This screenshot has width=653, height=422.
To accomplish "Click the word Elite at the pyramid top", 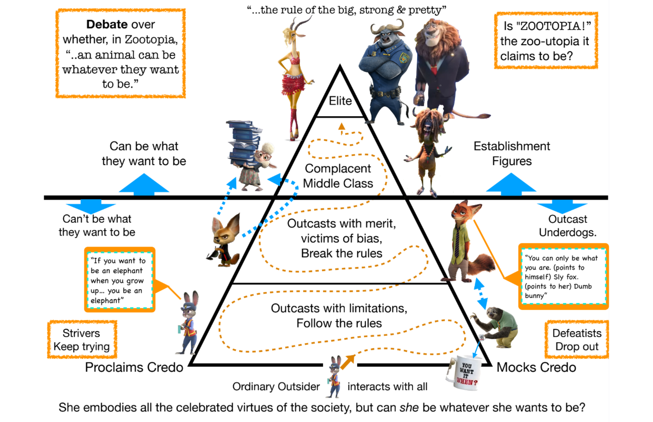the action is (x=340, y=101).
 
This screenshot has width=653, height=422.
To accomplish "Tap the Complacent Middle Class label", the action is (x=338, y=176).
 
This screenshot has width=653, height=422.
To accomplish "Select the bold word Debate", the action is (x=107, y=24).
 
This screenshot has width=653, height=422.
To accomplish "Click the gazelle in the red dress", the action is (x=294, y=75).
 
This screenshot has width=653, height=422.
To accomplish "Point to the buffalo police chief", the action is (x=385, y=72).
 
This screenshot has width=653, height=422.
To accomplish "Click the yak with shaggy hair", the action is (x=428, y=147).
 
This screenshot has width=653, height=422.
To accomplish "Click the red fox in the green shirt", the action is (x=464, y=241).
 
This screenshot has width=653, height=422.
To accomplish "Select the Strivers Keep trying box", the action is (x=82, y=339).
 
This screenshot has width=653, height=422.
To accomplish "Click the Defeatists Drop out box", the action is (x=577, y=339).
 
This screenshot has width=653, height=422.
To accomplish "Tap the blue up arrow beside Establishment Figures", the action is (x=511, y=184).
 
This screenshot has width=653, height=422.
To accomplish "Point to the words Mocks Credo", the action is (x=536, y=368).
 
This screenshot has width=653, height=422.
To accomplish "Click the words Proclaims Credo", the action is (x=134, y=368).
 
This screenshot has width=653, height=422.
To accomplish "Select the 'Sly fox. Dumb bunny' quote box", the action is (x=563, y=277).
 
